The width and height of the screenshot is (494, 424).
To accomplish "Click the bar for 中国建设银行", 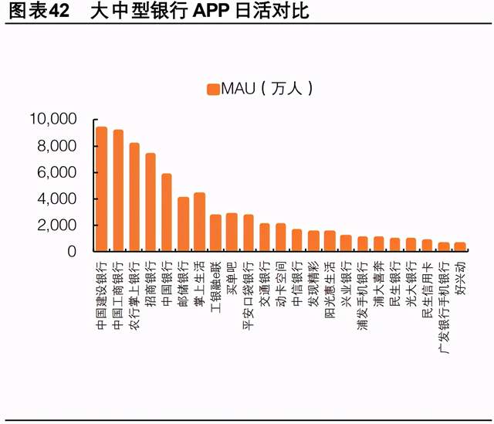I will (101, 189).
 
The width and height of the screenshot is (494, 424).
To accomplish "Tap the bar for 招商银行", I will (151, 202).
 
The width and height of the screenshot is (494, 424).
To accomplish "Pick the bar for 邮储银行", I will (183, 224).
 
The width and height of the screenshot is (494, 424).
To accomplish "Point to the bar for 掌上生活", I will (199, 222).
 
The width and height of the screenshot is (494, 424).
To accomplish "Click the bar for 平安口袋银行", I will (249, 233).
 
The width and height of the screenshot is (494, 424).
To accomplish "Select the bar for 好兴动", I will (460, 247).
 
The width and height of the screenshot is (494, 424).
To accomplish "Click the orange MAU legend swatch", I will (212, 89).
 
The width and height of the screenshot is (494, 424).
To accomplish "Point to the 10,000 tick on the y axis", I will (52, 119).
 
